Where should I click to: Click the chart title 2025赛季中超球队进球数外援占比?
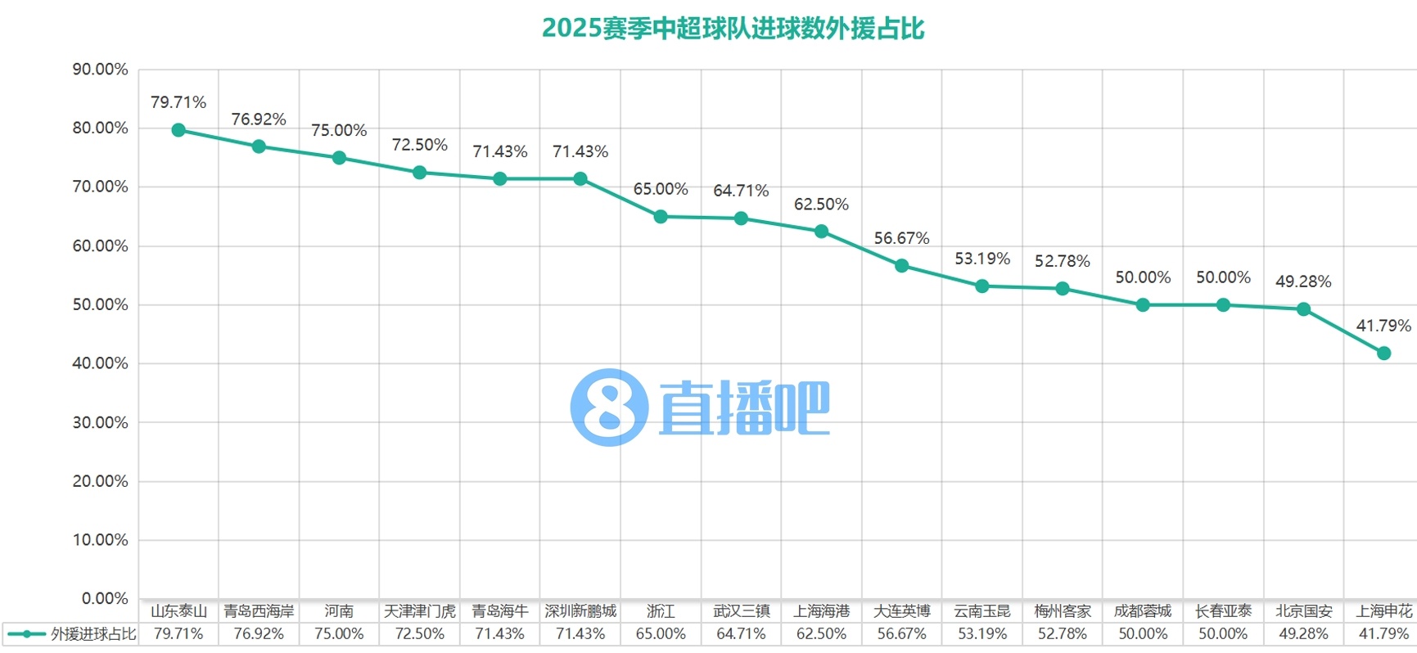click(733, 29)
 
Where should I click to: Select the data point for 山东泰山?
click(178, 130)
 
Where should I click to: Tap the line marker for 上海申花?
click(1383, 354)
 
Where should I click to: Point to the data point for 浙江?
click(661, 217)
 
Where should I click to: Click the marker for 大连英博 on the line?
click(901, 266)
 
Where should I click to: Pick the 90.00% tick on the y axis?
click(101, 70)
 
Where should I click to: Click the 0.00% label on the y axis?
click(105, 598)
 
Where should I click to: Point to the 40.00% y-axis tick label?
click(101, 363)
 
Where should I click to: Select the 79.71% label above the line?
click(178, 102)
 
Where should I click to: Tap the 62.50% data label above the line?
click(821, 205)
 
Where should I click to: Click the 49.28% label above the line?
click(1303, 281)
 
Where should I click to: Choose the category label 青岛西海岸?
click(259, 611)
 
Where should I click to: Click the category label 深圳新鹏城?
click(580, 611)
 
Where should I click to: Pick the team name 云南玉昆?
click(982, 611)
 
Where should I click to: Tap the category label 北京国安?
click(1303, 611)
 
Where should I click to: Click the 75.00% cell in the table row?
click(339, 634)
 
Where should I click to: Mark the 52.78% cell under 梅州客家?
click(1062, 634)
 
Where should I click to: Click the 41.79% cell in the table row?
click(1383, 634)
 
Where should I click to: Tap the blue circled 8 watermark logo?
click(609, 408)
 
